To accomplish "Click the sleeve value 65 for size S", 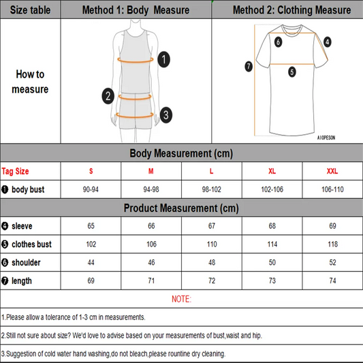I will pos(91,225).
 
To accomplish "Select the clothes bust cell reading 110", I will pos(212,244).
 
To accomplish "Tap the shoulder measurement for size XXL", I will pos(332,262).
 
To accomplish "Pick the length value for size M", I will pos(151,281).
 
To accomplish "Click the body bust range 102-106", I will pos(272,189).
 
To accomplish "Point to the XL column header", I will pos(272,170).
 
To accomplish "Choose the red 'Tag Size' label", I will pos(16,171).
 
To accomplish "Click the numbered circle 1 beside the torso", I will pos(163,59).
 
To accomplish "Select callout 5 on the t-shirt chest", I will pos(291,71).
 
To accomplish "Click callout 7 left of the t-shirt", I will pos(249,66).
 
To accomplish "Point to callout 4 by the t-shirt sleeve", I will pos(328,42).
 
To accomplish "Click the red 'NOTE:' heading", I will pos(181,299).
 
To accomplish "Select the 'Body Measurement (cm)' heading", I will pos(181,153).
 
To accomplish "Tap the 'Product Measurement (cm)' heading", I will pos(181,208).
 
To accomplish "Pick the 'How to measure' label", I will pos(30,82).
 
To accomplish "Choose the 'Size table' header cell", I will pos(30,10).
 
